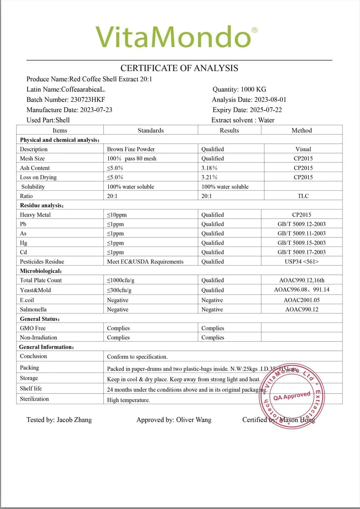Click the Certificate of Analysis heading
tap(179, 68)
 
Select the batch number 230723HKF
tap(88, 100)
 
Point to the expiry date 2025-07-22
tap(266, 110)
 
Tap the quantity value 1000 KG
tap(253, 89)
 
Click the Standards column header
tap(150, 131)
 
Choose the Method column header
tap(301, 131)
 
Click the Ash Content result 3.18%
tap(209, 168)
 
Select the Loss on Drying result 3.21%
tap(209, 177)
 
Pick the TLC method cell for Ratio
tap(303, 196)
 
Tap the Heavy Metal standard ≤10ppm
tap(117, 215)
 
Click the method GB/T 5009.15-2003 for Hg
tap(301, 243)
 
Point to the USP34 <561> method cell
tap(301, 262)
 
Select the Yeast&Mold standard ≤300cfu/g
tap(119, 290)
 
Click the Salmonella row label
tap(33, 309)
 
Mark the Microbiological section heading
tap(41, 271)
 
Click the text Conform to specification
tap(137, 357)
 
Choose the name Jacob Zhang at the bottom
tap(74, 420)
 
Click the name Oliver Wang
tap(193, 420)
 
